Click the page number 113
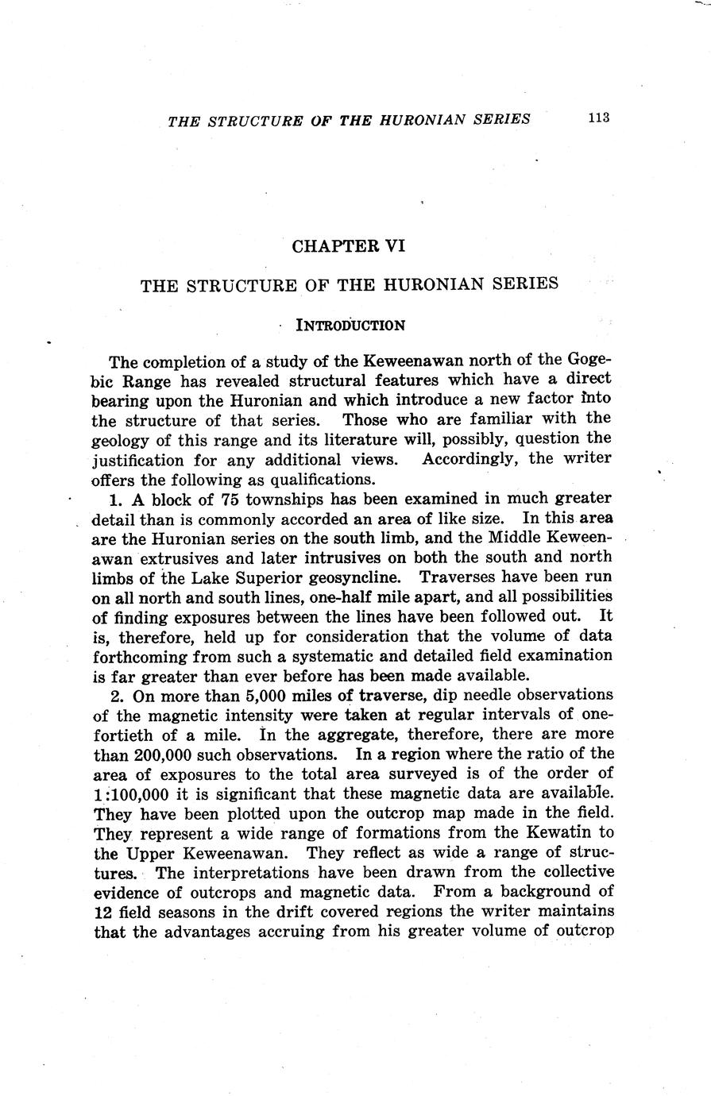pos(598,118)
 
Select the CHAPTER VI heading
pos(349,246)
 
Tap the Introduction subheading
pos(350,325)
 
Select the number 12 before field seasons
pos(104,911)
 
